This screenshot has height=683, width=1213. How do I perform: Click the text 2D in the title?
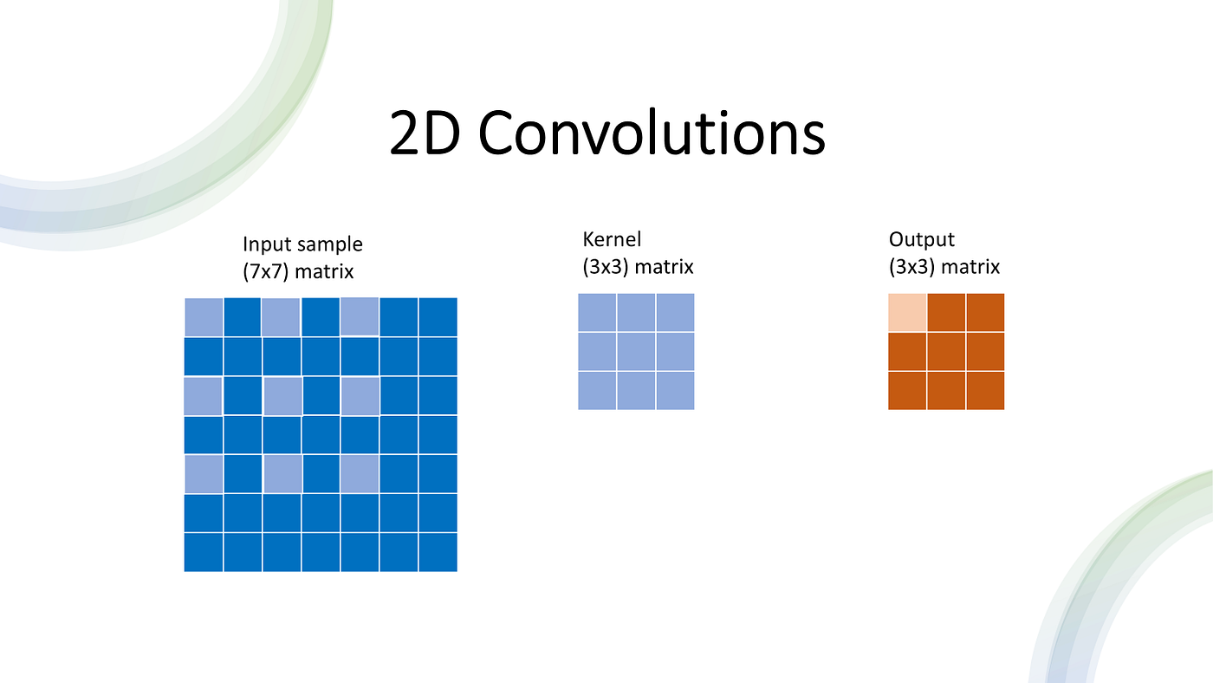point(425,133)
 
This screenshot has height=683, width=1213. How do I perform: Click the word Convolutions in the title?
point(652,132)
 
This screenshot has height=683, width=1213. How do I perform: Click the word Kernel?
point(612,239)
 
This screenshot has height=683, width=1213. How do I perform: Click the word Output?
point(921,240)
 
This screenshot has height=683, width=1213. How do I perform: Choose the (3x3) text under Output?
point(911,267)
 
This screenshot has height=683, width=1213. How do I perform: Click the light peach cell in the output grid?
point(907,313)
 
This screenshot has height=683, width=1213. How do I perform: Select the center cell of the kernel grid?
point(636,352)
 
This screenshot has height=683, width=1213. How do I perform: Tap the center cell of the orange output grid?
point(946,352)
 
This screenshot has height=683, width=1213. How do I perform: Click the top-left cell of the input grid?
point(204,317)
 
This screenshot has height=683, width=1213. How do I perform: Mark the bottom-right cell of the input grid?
point(438,552)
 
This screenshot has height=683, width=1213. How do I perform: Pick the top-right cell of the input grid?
point(438,317)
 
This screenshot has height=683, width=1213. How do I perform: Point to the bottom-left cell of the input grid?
point(204,552)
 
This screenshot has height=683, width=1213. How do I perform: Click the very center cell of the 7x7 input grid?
point(321,434)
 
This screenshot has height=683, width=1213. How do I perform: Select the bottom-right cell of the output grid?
point(985,391)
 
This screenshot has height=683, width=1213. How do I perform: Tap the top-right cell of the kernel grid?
point(675,313)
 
